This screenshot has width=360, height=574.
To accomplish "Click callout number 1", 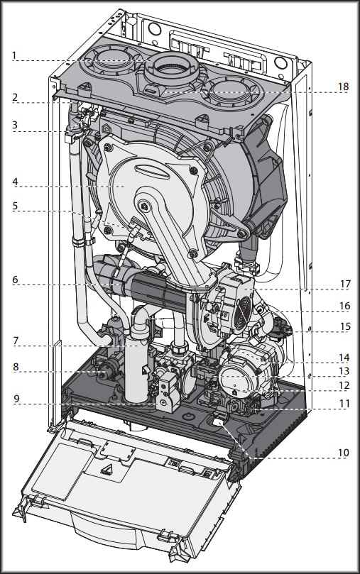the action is pos(14,56).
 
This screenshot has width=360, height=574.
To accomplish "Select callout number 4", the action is pos(15,182).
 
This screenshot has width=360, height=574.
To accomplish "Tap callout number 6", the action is pos(15,280).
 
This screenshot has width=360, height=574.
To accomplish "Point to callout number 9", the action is pos(16,399).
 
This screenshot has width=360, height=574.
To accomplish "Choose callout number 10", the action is pos(343,453).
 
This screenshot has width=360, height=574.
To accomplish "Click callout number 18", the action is pos(343,87).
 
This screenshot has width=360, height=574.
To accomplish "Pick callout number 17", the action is pos(345,284).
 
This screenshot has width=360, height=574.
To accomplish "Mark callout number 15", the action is pos(345,326).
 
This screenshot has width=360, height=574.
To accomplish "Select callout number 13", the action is pos(344,371).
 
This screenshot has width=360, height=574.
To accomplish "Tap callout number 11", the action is pos(344,404).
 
